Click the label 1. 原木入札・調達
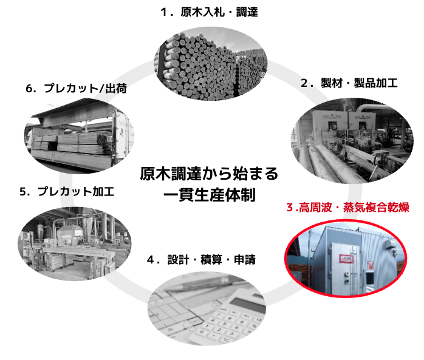click(x=209, y=12)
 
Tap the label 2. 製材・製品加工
click(x=349, y=83)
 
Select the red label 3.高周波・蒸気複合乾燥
click(x=347, y=207)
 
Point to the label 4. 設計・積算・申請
click(x=201, y=259)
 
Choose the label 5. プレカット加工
click(x=67, y=191)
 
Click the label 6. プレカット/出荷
click(x=77, y=89)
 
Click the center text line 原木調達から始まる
click(x=209, y=174)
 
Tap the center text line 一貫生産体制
click(x=210, y=195)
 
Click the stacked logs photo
click(x=211, y=64)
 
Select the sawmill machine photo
click(x=352, y=141)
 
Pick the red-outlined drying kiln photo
click(x=346, y=259)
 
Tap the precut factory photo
click(x=75, y=244)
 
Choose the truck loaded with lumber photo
click(x=80, y=136)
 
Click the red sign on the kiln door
click(x=346, y=259)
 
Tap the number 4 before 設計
click(x=151, y=260)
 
